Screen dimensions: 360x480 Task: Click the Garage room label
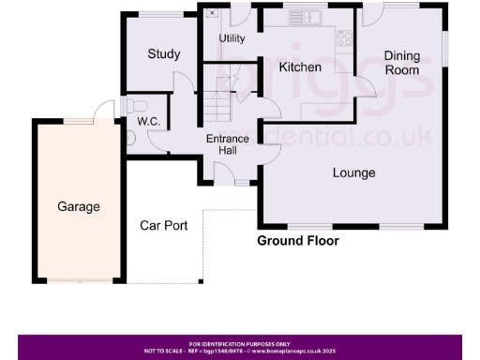click(x=78, y=206)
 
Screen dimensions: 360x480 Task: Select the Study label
click(x=163, y=53)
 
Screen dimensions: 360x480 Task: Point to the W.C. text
click(x=147, y=121)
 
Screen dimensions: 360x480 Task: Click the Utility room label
click(x=232, y=38)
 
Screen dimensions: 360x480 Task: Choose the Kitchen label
click(x=300, y=67)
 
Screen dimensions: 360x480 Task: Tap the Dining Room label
click(x=402, y=63)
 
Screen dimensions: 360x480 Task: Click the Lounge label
click(x=354, y=172)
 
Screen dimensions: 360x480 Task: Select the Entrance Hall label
click(x=228, y=145)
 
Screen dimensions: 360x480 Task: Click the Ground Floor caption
click(x=298, y=241)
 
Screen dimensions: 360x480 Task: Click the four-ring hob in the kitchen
click(x=344, y=37)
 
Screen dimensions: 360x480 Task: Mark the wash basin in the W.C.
click(x=129, y=137)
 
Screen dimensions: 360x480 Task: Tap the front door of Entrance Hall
click(x=225, y=174)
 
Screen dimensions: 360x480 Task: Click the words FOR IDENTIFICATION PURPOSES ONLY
click(x=240, y=343)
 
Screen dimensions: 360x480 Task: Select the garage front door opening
click(x=78, y=279)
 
